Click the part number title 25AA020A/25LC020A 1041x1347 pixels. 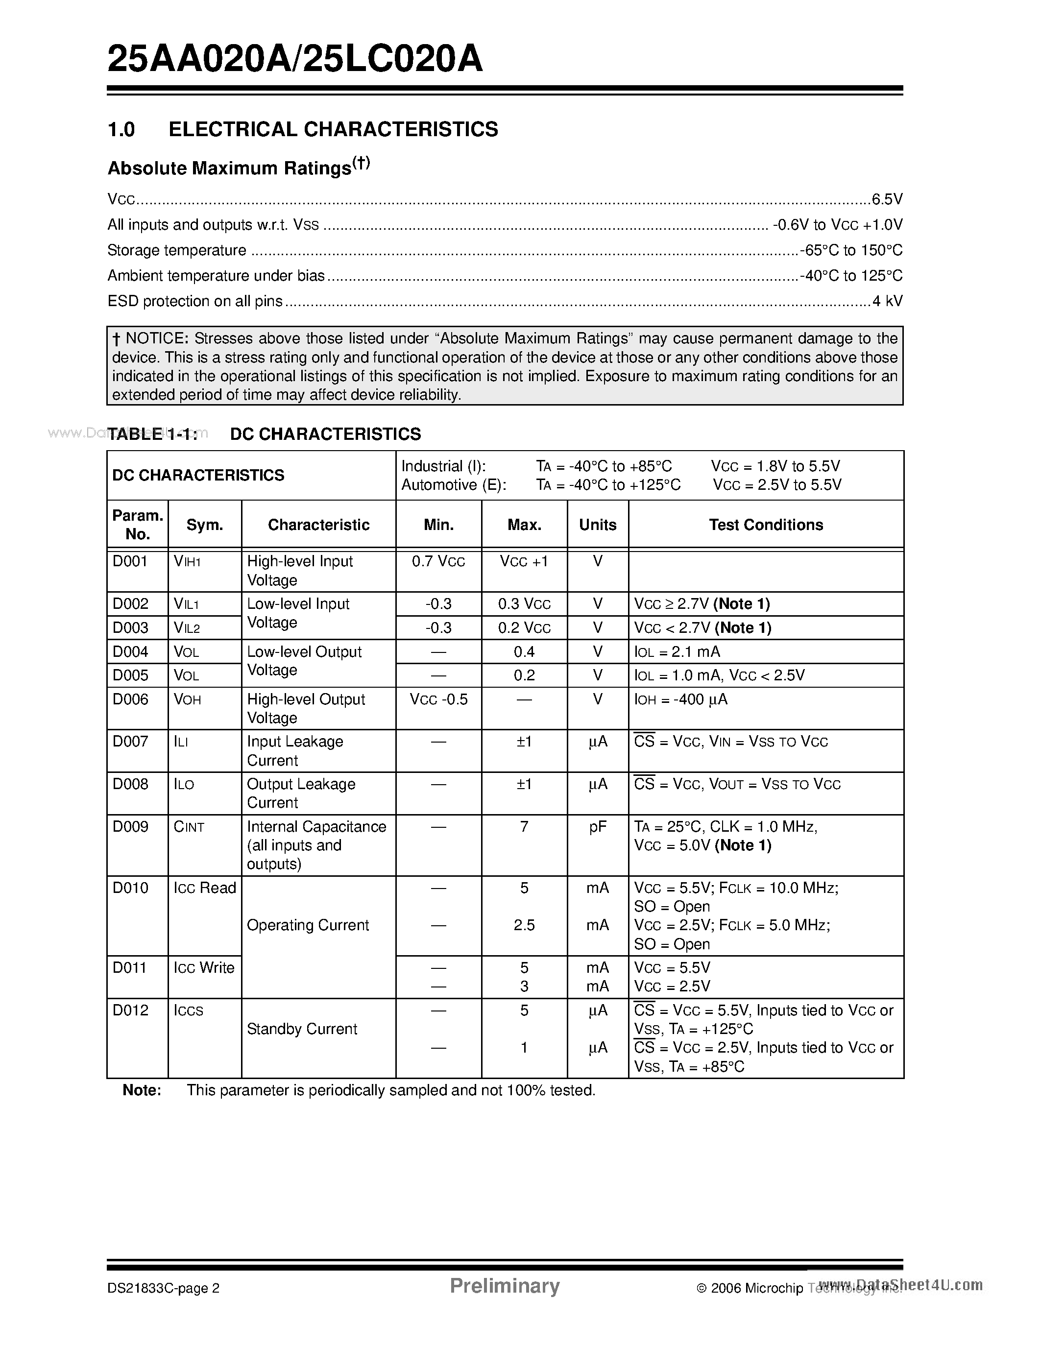coord(295,60)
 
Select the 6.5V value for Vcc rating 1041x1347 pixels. coord(887,199)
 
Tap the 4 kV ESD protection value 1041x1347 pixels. coord(888,301)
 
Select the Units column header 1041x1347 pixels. coord(597,525)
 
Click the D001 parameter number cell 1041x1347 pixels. coord(130,561)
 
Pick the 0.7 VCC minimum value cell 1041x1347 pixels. coord(438,561)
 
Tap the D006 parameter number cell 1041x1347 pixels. coord(130,699)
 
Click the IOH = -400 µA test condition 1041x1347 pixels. coord(680,699)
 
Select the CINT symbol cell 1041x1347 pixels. coord(189,827)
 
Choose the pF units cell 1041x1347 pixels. coord(597,827)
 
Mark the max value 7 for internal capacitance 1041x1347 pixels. coord(524,827)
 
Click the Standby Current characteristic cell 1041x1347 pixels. coord(302,1029)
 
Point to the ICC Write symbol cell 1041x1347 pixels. coord(204,968)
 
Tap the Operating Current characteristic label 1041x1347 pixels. coord(307,925)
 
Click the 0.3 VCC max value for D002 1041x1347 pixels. coord(524,604)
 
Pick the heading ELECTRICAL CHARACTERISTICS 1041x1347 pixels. coord(333,129)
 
